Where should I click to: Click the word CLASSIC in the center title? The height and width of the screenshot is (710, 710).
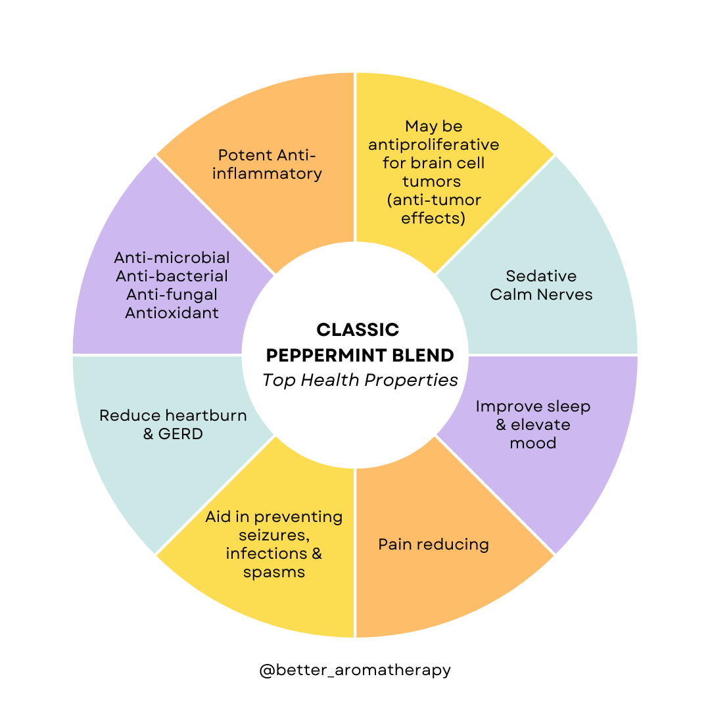point(358,329)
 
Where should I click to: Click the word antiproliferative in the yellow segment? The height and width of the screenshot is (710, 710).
point(434,144)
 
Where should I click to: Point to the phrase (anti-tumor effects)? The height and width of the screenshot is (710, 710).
point(434,209)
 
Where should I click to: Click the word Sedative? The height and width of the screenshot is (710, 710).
point(541,275)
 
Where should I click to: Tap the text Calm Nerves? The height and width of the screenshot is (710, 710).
point(541,294)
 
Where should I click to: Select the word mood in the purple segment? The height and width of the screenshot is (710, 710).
point(532,442)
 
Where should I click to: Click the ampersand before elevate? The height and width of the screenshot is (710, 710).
point(501,425)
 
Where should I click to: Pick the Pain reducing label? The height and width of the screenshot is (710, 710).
point(433,544)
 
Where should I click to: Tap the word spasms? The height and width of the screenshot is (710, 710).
point(273,571)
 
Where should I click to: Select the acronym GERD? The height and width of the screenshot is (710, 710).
point(180,433)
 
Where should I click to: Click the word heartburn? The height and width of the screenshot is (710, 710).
point(206,415)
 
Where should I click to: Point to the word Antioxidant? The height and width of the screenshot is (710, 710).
point(172,312)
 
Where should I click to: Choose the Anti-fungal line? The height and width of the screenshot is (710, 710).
point(172,294)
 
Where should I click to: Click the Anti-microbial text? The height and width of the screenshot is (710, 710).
point(172,257)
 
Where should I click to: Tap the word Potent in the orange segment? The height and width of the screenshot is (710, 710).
point(245,155)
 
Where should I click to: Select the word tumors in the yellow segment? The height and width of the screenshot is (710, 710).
point(431,181)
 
